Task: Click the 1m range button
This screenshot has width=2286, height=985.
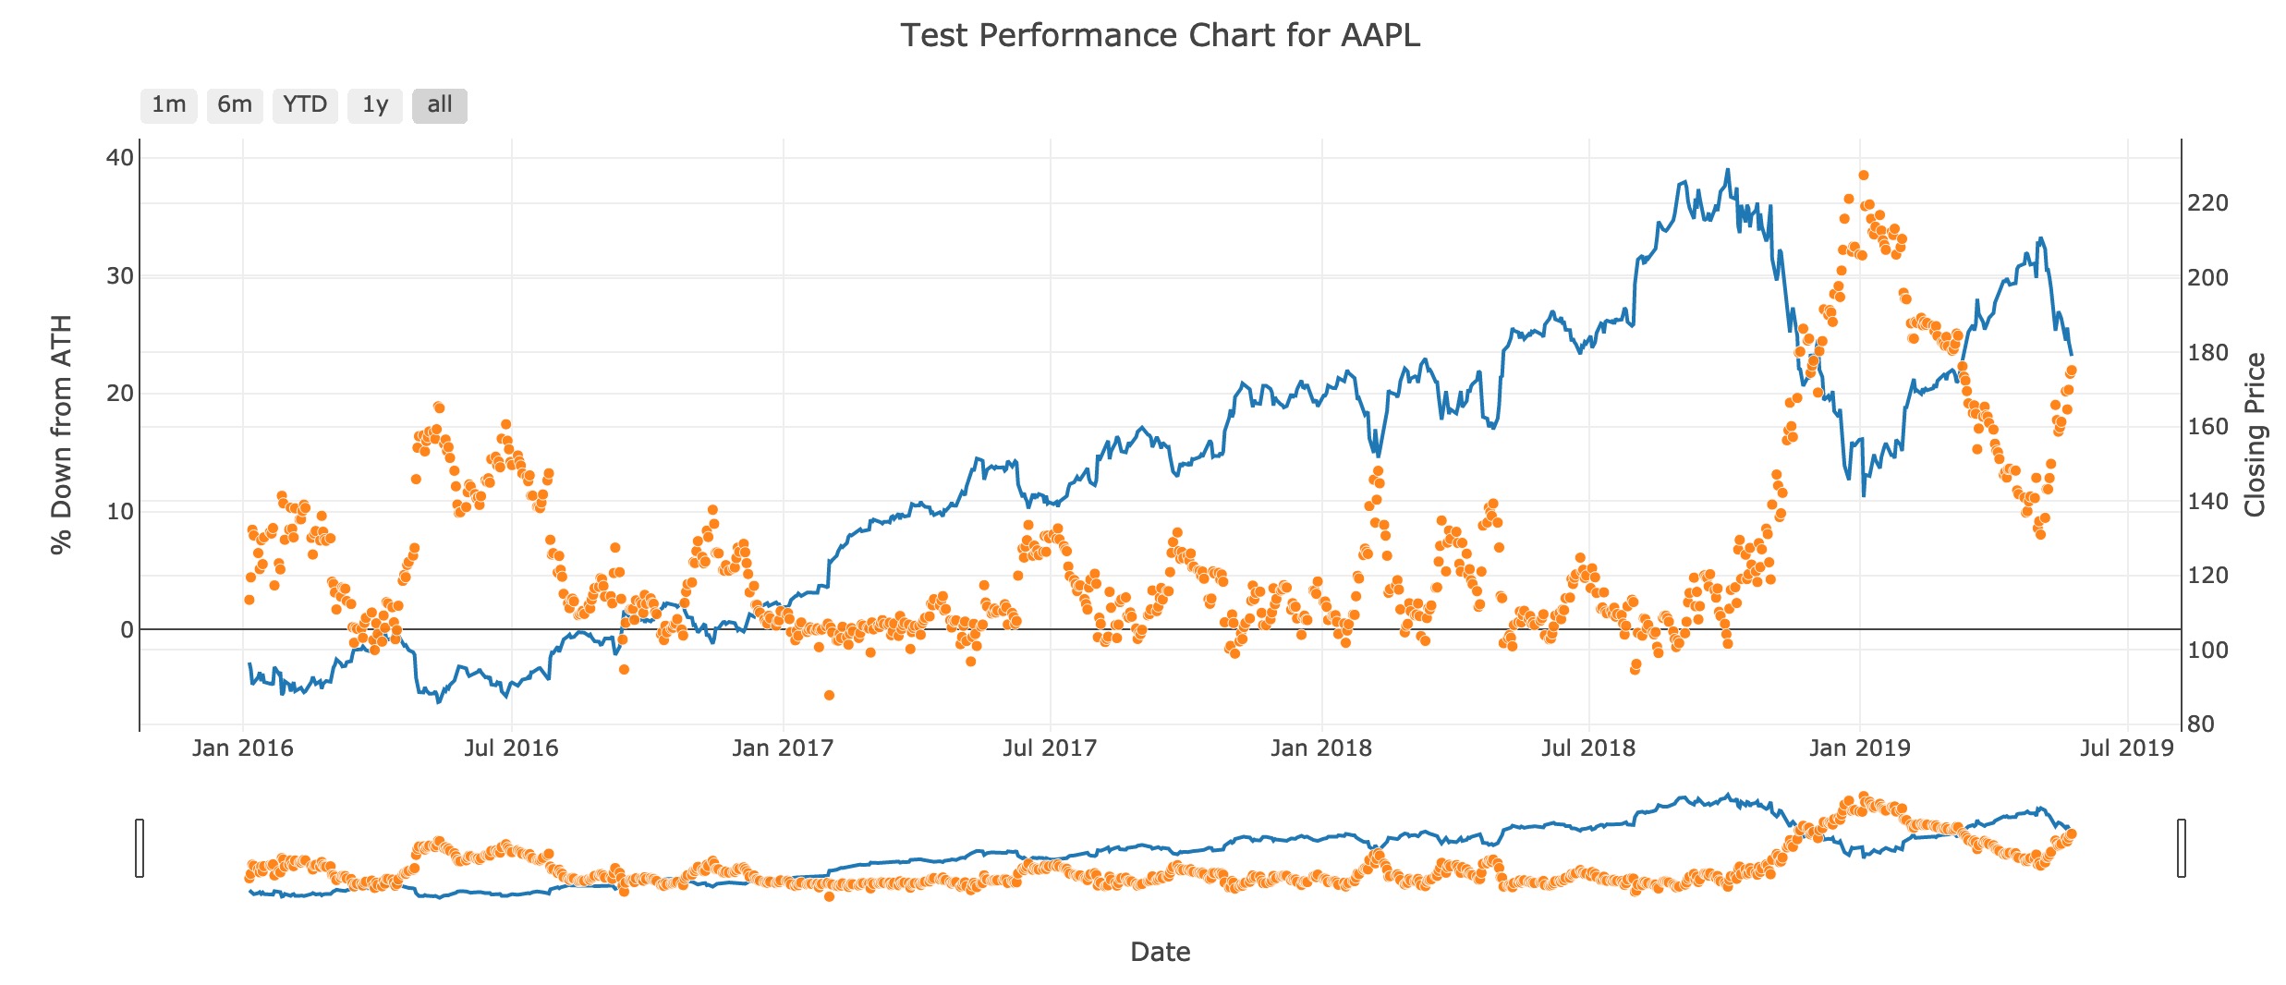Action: click(x=168, y=105)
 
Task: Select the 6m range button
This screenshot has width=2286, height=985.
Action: click(x=235, y=105)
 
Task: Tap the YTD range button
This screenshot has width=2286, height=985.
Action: click(x=305, y=105)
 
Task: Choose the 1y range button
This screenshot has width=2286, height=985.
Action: click(x=374, y=105)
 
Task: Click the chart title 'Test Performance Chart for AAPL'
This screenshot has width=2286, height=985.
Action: click(x=1160, y=35)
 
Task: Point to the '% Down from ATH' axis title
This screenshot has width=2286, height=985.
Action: click(x=61, y=434)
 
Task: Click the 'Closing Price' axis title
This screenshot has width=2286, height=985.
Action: click(x=2255, y=434)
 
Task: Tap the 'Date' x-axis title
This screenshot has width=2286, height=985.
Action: click(x=1160, y=952)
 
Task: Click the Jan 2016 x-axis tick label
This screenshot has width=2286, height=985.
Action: click(x=242, y=748)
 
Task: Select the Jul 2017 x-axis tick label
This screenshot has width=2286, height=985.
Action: click(x=1050, y=748)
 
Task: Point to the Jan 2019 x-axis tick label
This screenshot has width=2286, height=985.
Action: click(x=1859, y=748)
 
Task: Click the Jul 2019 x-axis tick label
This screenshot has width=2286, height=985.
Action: click(x=2127, y=748)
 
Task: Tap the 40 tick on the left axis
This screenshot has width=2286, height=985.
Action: click(x=120, y=158)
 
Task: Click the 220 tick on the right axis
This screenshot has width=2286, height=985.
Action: click(x=2207, y=202)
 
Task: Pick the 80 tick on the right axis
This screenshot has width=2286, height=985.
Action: click(x=2201, y=724)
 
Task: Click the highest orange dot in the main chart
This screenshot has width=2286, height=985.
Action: click(x=1864, y=176)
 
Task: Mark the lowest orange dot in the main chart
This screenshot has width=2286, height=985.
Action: click(x=829, y=695)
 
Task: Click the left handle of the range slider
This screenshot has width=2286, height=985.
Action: click(x=140, y=847)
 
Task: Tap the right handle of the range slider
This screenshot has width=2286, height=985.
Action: click(x=2182, y=847)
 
